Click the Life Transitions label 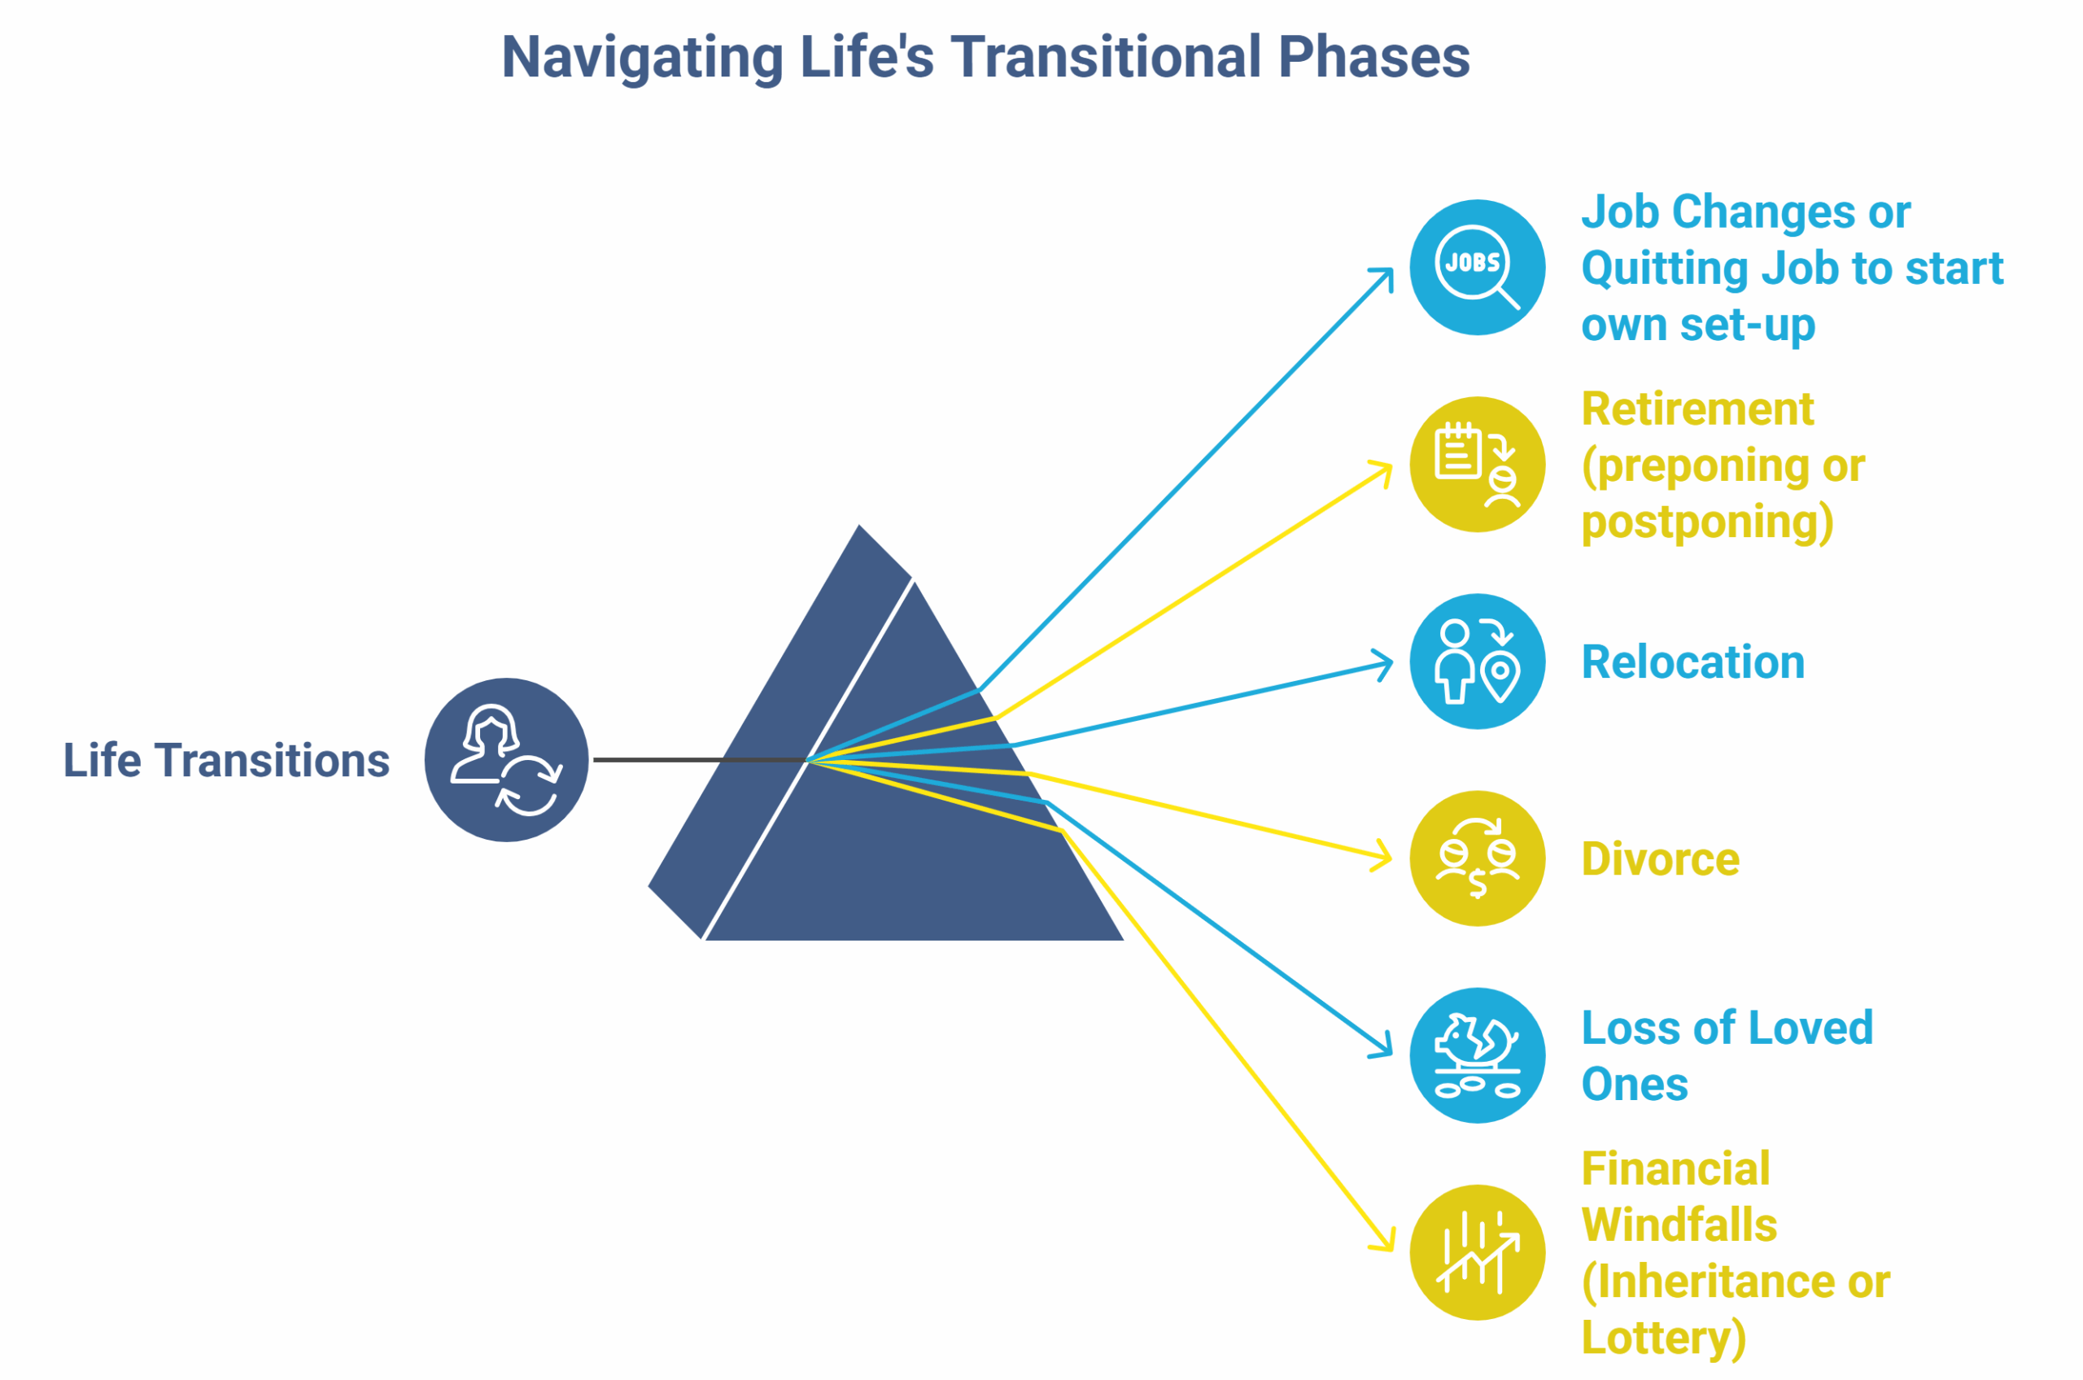click(x=226, y=761)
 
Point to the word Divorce click(x=1660, y=860)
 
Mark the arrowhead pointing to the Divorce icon click(x=1384, y=858)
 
